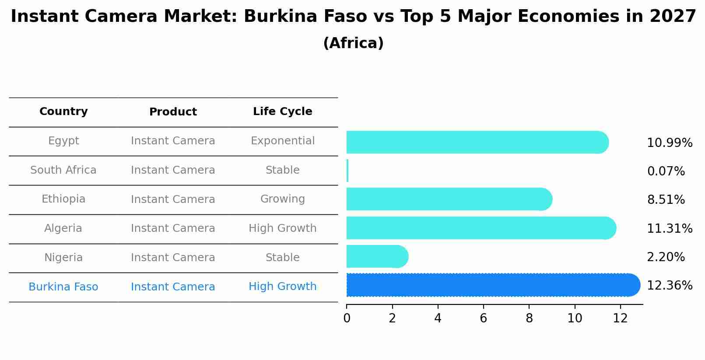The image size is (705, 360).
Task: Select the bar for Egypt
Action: [x=477, y=142]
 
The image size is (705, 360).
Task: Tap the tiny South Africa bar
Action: [x=347, y=171]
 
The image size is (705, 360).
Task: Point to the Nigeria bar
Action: [x=376, y=256]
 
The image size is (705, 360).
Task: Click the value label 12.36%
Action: [x=670, y=286]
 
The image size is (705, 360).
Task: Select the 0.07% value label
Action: [x=666, y=171]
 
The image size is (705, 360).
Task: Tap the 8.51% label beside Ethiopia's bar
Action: [x=666, y=200]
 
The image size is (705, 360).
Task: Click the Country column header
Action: [x=63, y=112]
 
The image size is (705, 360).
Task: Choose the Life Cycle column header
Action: [x=282, y=112]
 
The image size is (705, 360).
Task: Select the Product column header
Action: [x=173, y=112]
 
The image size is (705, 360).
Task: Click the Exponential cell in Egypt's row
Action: [x=282, y=141]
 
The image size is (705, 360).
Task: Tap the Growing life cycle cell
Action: [x=282, y=199]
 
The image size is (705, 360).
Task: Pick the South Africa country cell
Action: [x=63, y=170]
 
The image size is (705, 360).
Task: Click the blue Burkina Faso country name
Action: [x=63, y=287]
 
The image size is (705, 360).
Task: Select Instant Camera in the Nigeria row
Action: [x=173, y=258]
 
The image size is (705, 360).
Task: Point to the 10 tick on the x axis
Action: [x=575, y=318]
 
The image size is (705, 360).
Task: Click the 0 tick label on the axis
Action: [x=347, y=318]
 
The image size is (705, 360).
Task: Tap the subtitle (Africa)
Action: [x=353, y=43]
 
